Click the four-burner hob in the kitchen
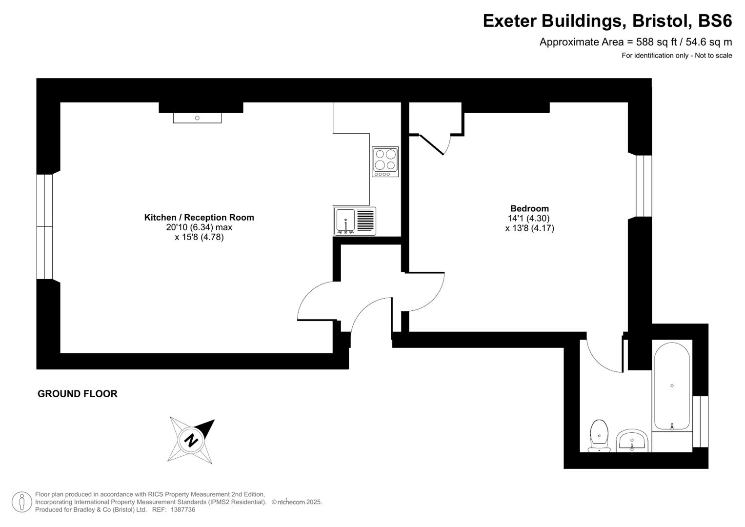385,162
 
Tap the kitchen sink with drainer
355,221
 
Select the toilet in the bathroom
599,436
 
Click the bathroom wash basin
632,440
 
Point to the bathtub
672,386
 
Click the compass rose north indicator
191,440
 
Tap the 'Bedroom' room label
529,208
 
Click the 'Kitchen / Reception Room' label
199,218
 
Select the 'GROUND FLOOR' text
78,394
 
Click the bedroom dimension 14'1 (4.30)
529,219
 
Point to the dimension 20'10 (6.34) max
199,227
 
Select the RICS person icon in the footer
21,502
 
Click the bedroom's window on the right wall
644,185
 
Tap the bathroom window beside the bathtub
700,422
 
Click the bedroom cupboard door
432,144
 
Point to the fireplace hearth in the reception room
197,118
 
